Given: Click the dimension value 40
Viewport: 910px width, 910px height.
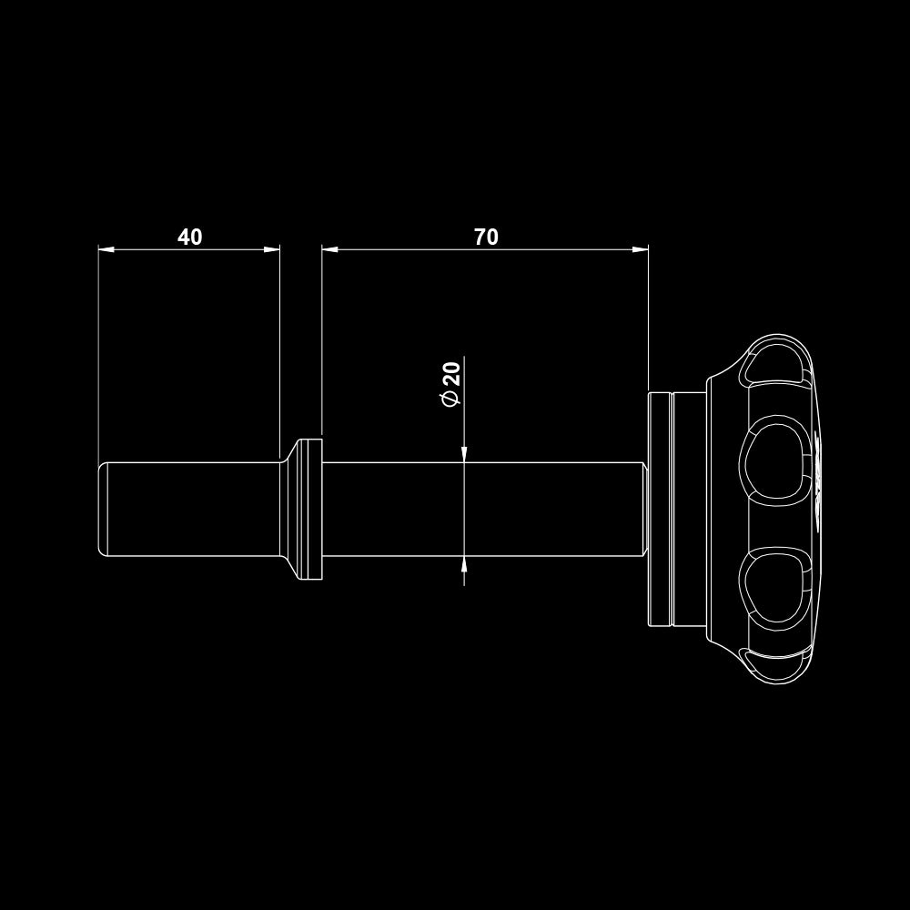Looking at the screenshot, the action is pos(190,237).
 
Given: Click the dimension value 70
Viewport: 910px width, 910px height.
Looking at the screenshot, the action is pos(486,237).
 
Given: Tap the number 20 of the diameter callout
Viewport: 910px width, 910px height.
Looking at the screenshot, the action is pos(452,374).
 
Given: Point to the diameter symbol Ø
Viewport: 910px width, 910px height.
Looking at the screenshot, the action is pos(451,399).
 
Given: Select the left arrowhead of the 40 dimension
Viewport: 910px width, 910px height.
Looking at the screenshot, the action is pos(106,249).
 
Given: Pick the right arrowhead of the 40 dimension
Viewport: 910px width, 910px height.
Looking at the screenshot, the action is pos(271,249).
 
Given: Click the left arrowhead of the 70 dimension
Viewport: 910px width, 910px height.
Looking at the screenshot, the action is pos(330,249).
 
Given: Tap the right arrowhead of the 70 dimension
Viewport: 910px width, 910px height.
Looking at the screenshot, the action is pos(640,249).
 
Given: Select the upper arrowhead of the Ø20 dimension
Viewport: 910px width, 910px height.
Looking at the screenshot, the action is pos(464,454).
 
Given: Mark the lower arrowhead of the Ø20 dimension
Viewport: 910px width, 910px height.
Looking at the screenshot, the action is pos(464,564).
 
